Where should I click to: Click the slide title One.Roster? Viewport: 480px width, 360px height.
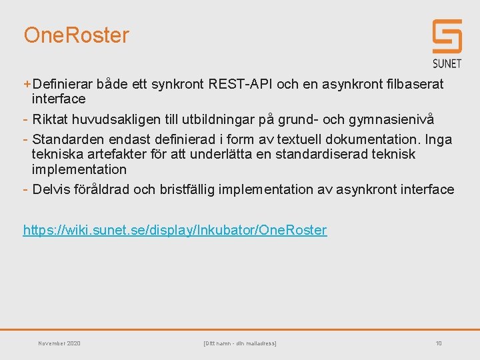point(76,35)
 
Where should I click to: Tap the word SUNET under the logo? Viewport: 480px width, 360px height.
point(447,63)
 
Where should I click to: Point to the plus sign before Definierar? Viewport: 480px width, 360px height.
point(27,84)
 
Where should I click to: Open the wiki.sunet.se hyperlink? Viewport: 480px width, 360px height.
point(175,230)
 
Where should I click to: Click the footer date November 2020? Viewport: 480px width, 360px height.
point(59,343)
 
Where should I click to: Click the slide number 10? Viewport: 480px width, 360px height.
point(439,343)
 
